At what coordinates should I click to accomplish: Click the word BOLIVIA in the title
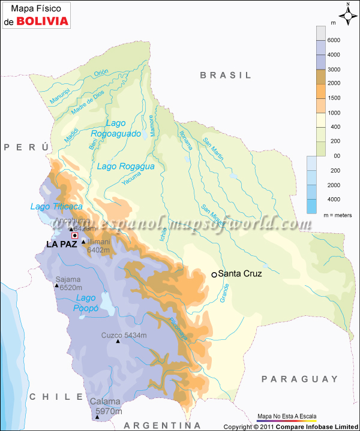pos(41,22)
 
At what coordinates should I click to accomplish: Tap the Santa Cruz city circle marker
pos(214,274)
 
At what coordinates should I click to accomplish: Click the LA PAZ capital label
pos(62,244)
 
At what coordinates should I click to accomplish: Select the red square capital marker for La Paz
pos(75,236)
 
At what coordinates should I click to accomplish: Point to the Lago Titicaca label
pos(56,206)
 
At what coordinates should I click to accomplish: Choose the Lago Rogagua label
pos(126,166)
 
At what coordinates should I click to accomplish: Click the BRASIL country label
pos(226,75)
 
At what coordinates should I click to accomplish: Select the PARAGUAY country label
pos(300,379)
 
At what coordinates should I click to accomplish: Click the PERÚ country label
pos(25,147)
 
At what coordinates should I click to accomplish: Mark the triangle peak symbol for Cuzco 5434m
pos(118,341)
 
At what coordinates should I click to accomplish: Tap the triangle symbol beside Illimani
pos(83,242)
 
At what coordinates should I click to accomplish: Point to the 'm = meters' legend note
pos(337,215)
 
